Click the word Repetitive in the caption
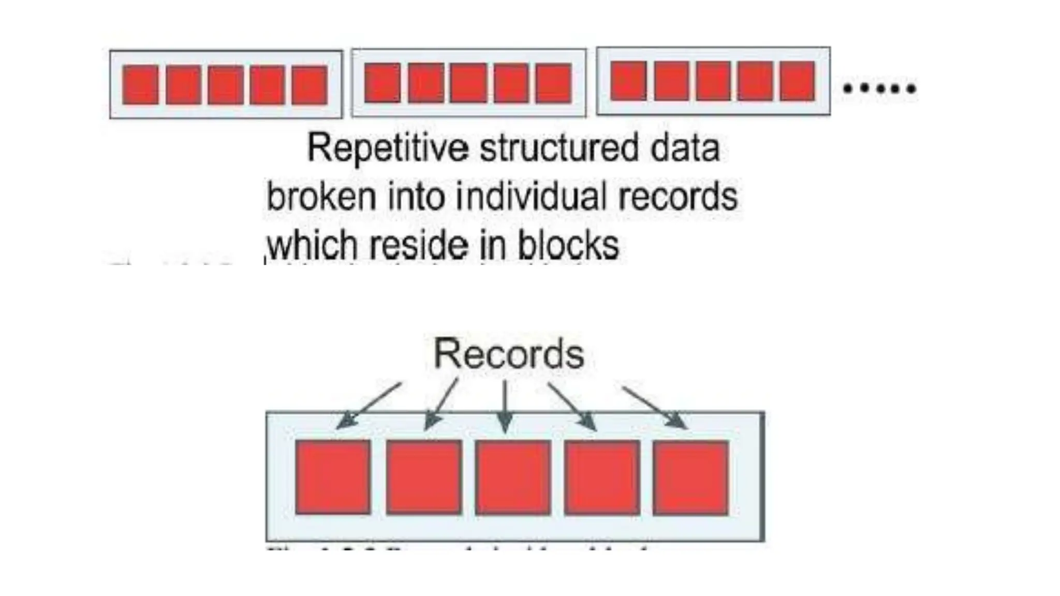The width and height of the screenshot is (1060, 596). coord(388,148)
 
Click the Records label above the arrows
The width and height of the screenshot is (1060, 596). coord(509,354)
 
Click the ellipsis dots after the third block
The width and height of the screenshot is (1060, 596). coord(879,88)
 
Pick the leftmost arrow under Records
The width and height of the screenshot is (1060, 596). coord(369,406)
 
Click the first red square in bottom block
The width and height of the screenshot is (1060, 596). coord(333,477)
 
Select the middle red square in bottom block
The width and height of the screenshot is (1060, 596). coord(513,477)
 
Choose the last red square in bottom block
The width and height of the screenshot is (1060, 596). coord(691,477)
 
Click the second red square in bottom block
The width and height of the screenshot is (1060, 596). coord(423,477)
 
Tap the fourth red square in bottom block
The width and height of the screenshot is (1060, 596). coord(602,477)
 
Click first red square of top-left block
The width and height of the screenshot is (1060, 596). coord(140,85)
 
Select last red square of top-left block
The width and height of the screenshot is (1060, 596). coord(310,85)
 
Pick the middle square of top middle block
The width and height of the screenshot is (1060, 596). coord(468,83)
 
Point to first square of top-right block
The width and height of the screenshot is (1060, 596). coord(628,81)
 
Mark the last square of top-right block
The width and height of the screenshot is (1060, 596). coord(797,81)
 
